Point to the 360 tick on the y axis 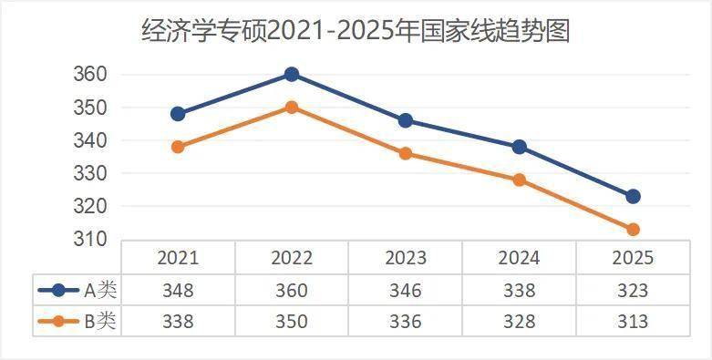90,75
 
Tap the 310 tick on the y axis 90,240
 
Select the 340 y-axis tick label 90,141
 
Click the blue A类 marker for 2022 292,74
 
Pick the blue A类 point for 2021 178,114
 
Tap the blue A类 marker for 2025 633,196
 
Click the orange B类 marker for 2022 292,107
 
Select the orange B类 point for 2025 633,229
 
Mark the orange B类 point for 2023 406,153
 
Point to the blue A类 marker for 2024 519,147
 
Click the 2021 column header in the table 178,258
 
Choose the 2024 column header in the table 519,258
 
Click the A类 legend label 101,291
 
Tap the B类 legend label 101,321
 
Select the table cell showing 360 292,291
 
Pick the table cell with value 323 633,291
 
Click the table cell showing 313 633,321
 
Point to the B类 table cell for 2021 178,321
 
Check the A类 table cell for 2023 406,291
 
